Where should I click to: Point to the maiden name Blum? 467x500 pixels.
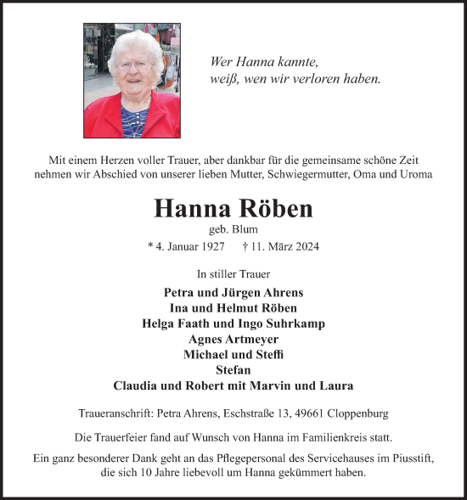(x=245, y=229)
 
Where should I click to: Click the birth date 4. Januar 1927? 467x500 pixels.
(x=186, y=247)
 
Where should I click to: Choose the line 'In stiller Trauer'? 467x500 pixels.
(x=233, y=274)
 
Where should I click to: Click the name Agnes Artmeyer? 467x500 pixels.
(x=233, y=339)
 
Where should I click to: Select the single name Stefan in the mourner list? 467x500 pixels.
(x=233, y=369)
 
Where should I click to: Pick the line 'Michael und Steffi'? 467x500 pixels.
(x=233, y=354)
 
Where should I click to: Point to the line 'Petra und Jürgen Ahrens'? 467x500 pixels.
(x=233, y=292)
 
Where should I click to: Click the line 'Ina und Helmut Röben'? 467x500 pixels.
(x=233, y=307)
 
